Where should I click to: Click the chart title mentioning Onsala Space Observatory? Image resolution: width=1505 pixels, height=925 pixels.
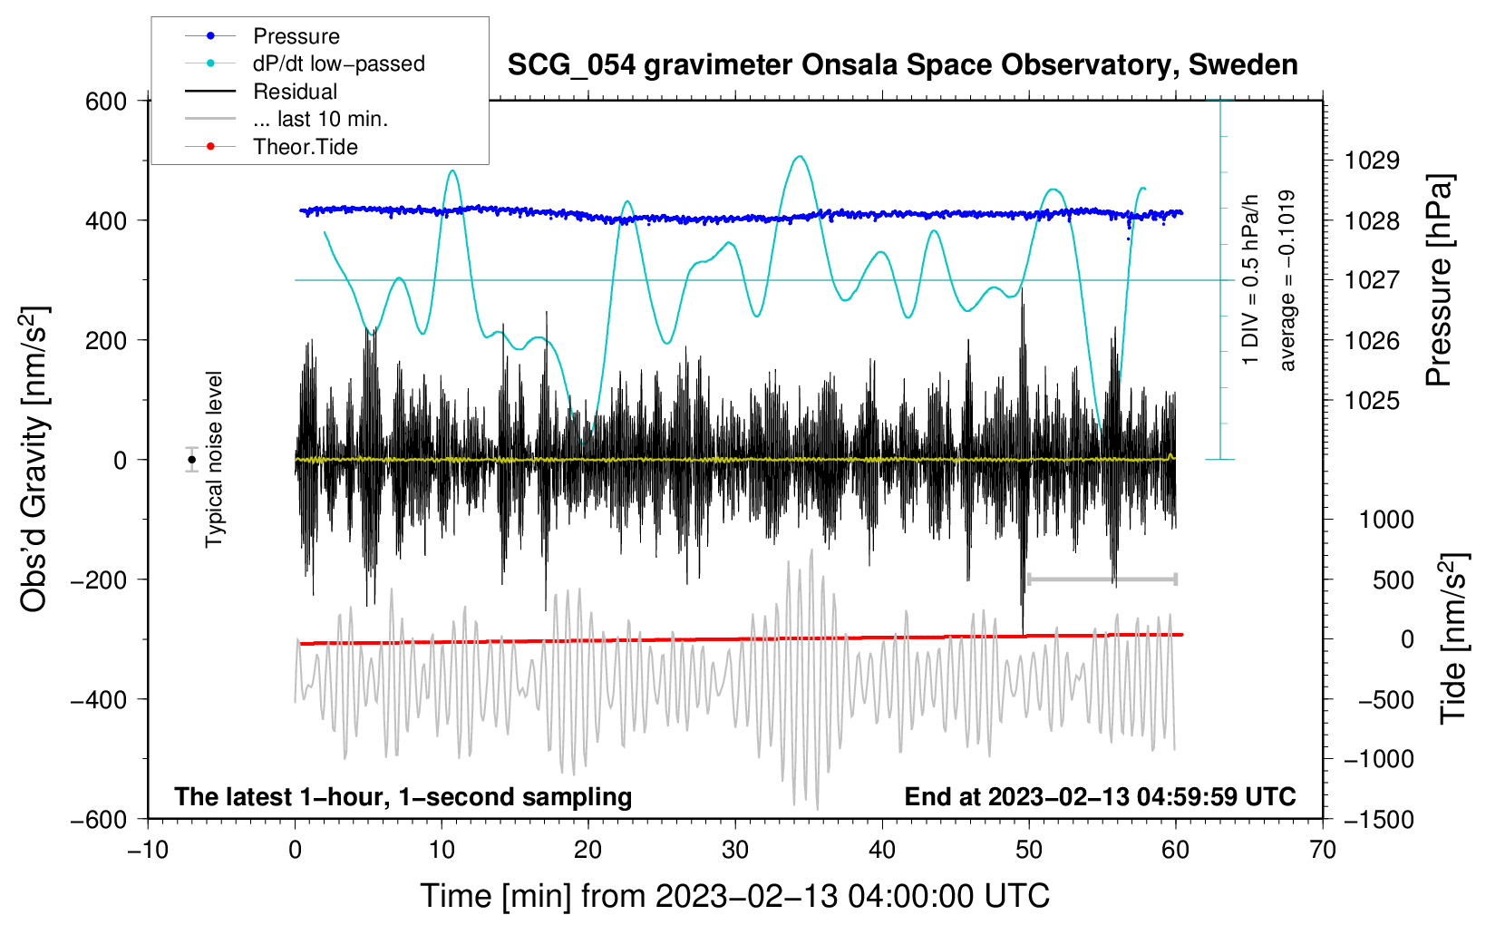[x=902, y=65]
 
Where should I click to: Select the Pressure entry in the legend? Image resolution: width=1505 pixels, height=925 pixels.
[x=296, y=36]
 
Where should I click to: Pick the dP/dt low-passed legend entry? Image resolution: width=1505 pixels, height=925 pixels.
[x=338, y=63]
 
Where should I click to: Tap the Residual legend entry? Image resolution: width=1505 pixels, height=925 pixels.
[x=295, y=92]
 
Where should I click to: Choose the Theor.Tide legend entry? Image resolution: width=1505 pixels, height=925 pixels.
[x=305, y=147]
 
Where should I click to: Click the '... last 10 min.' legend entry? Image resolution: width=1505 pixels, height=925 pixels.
[x=320, y=119]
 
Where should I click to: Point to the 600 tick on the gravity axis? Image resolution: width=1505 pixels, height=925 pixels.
[x=106, y=101]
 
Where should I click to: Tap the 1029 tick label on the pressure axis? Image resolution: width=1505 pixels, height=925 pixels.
[x=1372, y=161]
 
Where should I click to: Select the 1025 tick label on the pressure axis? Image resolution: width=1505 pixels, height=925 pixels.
[x=1372, y=401]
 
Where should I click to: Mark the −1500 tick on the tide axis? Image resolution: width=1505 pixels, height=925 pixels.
[x=1378, y=820]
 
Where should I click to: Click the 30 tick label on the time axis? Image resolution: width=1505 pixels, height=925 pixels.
[x=735, y=850]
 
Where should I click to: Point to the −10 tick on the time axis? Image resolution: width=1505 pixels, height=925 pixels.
[x=148, y=850]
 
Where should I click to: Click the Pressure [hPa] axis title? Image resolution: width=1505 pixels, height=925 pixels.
[x=1439, y=281]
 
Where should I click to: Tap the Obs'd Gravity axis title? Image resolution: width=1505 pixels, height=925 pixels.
[x=34, y=460]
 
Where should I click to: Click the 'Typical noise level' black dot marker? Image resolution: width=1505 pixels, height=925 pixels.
[x=191, y=460]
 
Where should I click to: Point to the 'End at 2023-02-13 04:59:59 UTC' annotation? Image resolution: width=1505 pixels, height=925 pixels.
[x=1100, y=796]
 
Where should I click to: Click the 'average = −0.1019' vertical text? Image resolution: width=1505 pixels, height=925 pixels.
[x=1287, y=281]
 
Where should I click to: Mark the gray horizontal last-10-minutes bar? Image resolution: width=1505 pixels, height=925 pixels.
[x=1102, y=579]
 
